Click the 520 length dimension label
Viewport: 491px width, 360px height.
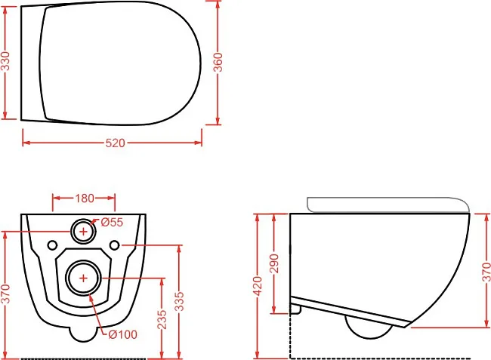[116, 143]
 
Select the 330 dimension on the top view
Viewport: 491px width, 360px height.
[5, 61]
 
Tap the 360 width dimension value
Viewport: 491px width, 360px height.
[218, 62]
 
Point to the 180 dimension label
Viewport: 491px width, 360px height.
[85, 198]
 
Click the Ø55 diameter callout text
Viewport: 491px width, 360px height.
[112, 222]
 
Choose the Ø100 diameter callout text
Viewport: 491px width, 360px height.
[122, 334]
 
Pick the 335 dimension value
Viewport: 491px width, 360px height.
[179, 302]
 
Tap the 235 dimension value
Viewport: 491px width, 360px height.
[162, 319]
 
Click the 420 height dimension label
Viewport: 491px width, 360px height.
[258, 286]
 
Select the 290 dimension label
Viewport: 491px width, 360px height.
[274, 263]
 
